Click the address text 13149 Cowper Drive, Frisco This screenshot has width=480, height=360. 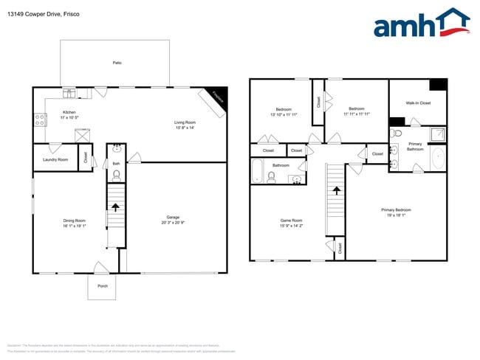[44, 14]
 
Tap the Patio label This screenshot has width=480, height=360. [117, 63]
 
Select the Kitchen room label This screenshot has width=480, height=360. [69, 113]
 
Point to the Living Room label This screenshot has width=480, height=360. [185, 122]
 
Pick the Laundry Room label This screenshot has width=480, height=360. [55, 159]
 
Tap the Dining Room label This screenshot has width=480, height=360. [74, 221]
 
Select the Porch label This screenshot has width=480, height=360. [103, 286]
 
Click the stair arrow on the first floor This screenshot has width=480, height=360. [115, 209]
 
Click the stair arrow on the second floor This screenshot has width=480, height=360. [336, 190]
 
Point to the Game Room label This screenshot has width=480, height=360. [291, 221]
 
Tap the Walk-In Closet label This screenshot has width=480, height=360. [417, 103]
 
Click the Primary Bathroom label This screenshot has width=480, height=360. [415, 146]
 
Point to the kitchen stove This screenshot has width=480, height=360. [39, 119]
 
